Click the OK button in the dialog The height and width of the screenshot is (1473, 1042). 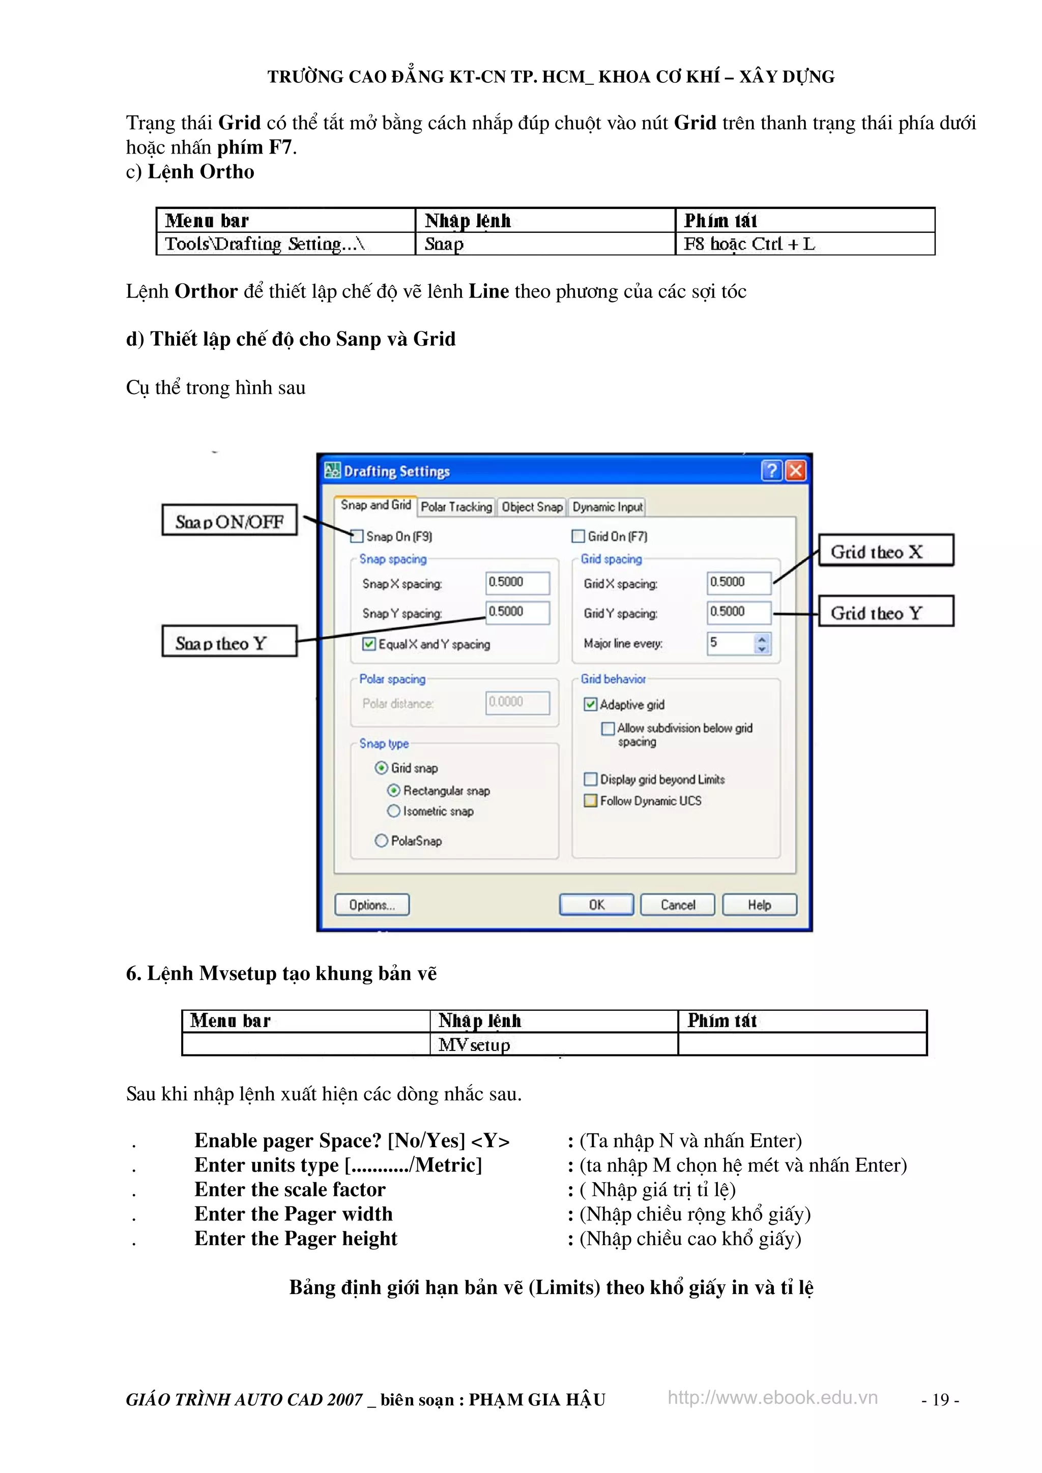tap(596, 905)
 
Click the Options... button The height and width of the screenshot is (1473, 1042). tap(372, 905)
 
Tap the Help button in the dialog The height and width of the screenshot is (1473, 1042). tap(760, 905)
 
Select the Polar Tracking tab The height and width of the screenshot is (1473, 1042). tap(456, 507)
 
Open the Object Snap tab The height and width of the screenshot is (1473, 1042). tap(532, 507)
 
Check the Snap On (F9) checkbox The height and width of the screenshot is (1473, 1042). tap(357, 536)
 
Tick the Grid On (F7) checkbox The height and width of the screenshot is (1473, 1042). tap(578, 536)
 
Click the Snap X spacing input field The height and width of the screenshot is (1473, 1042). tap(517, 583)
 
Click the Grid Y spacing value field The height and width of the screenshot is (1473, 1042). tap(738, 612)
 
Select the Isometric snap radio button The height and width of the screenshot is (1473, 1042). tap(394, 811)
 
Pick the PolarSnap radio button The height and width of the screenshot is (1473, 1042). tap(382, 840)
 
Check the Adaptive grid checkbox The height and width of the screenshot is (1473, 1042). tap(590, 704)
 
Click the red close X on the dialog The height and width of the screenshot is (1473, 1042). tap(795, 471)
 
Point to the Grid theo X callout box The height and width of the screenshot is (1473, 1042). tap(885, 551)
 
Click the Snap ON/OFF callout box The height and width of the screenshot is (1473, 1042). tap(229, 520)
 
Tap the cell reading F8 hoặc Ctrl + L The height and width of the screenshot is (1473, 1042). tap(804, 244)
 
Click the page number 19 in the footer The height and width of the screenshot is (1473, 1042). tap(940, 1400)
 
